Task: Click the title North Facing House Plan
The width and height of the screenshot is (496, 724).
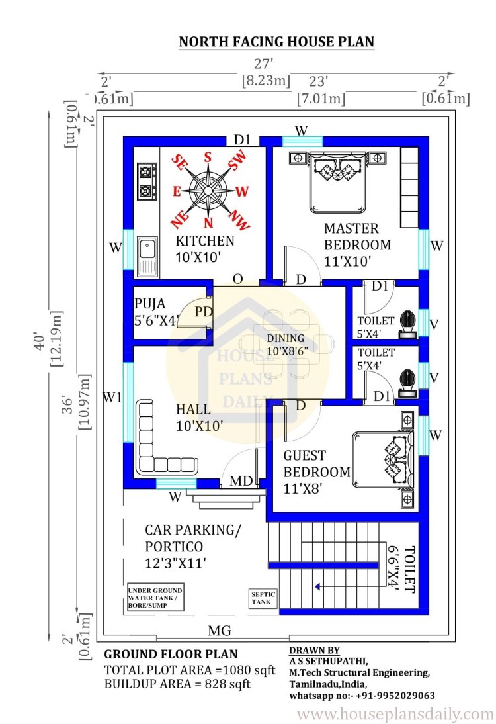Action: [276, 42]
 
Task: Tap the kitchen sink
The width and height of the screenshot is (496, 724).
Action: [147, 257]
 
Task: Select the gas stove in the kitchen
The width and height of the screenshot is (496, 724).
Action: [147, 181]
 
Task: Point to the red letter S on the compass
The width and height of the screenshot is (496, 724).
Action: [208, 157]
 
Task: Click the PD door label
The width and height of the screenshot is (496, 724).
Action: [203, 312]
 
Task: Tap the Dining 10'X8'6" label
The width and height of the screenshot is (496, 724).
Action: [287, 344]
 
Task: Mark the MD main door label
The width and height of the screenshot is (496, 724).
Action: [241, 481]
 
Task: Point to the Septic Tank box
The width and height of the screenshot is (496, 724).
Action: [263, 598]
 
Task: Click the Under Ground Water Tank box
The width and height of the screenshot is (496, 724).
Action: [155, 598]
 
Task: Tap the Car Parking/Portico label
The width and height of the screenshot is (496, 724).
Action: [193, 546]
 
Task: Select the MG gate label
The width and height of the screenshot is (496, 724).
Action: [220, 631]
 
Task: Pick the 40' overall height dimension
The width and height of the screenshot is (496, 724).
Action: [40, 341]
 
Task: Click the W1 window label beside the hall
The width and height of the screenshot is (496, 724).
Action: [112, 396]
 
